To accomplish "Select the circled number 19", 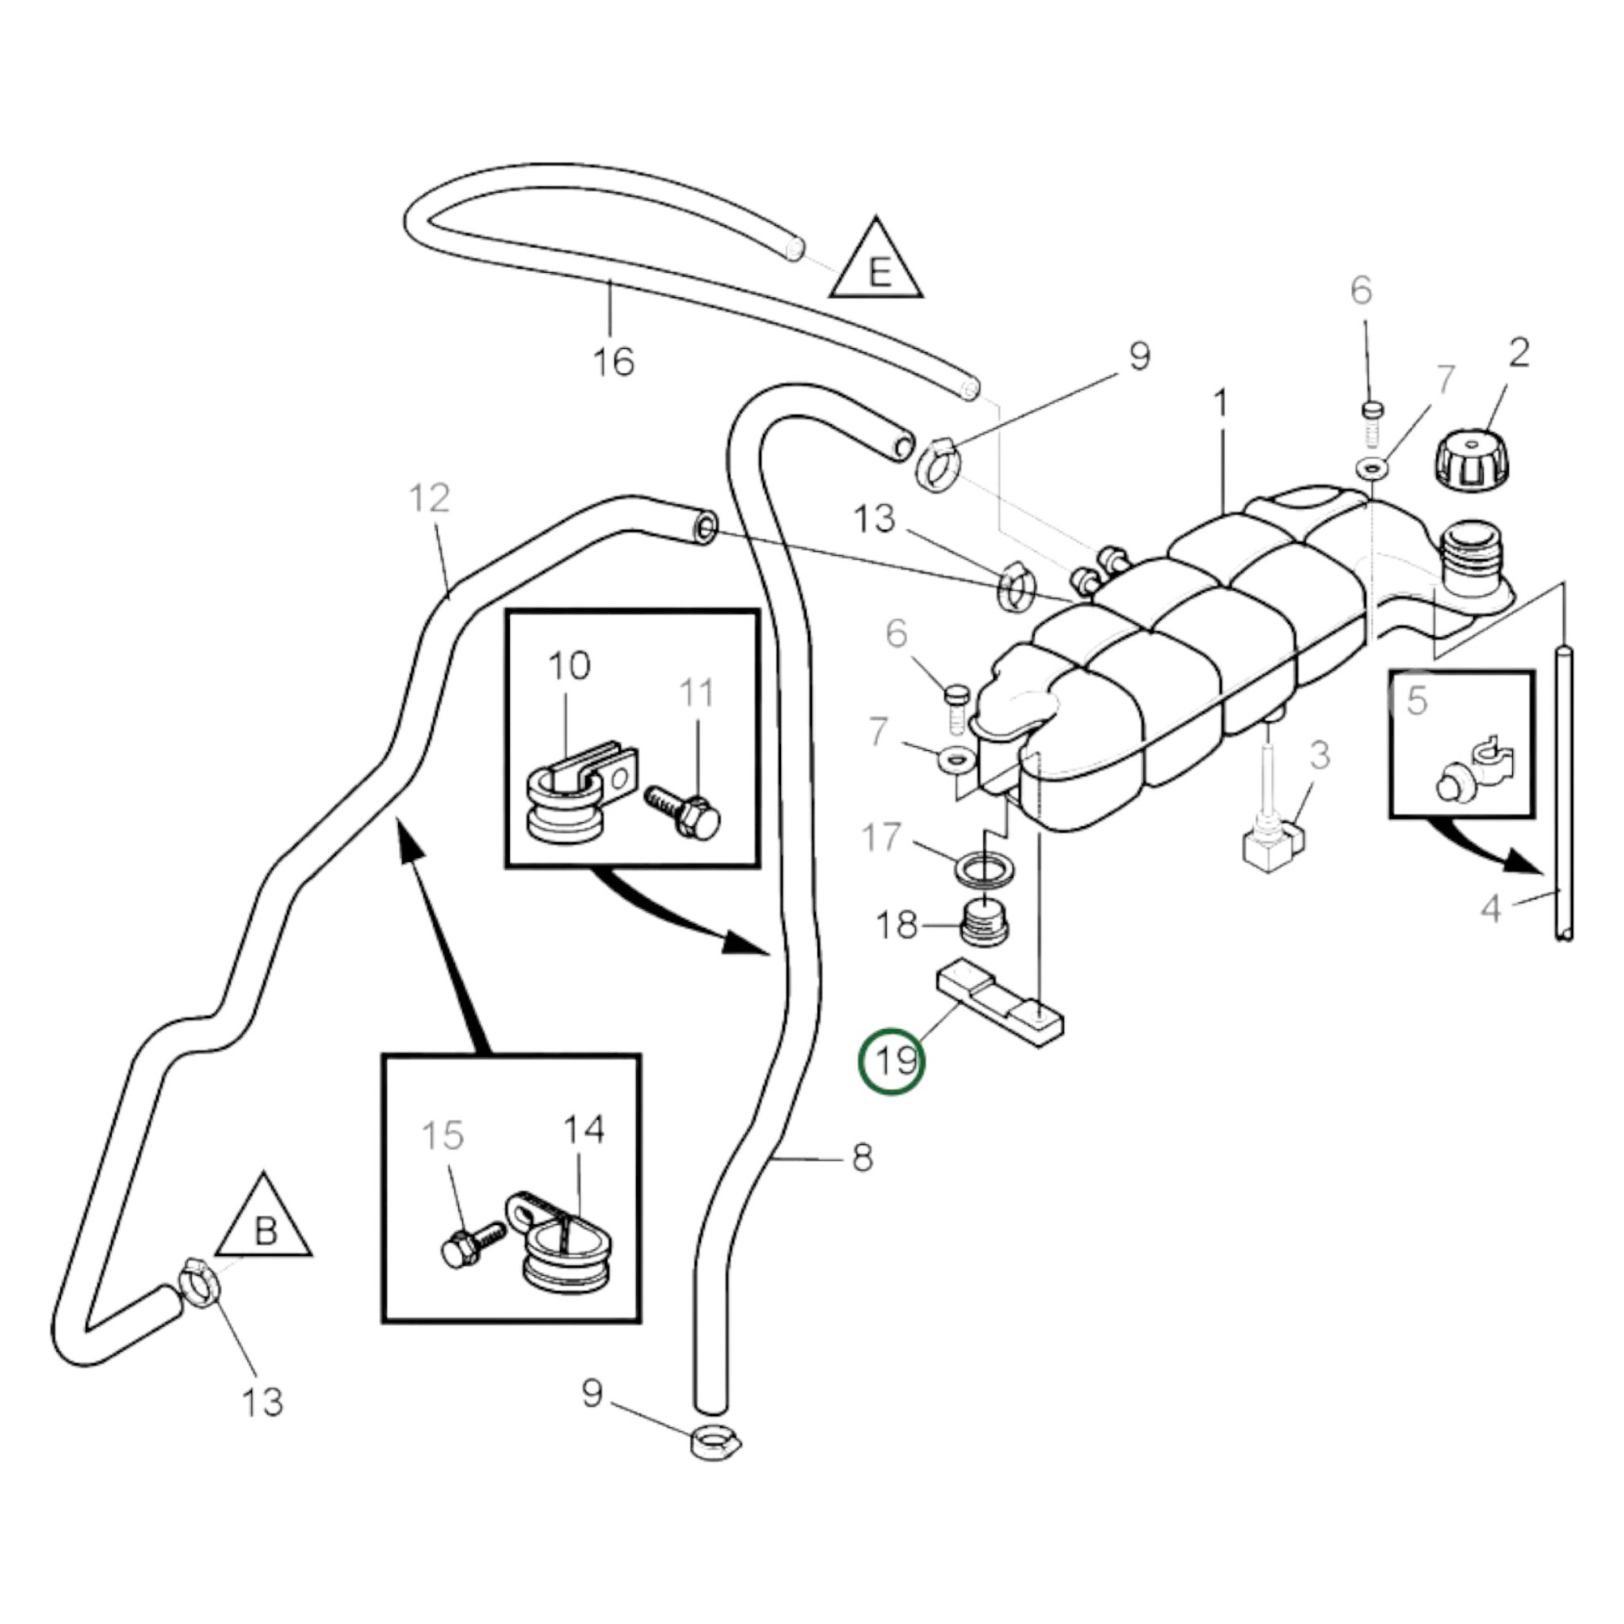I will coord(892,1061).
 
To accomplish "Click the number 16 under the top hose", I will coord(613,362).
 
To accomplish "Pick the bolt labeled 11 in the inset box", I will coord(685,812).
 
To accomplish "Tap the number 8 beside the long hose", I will coord(862,1157).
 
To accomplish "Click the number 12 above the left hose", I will coord(430,497).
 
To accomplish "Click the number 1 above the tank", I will coord(1221,403).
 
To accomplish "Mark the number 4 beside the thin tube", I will coord(1490,909).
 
